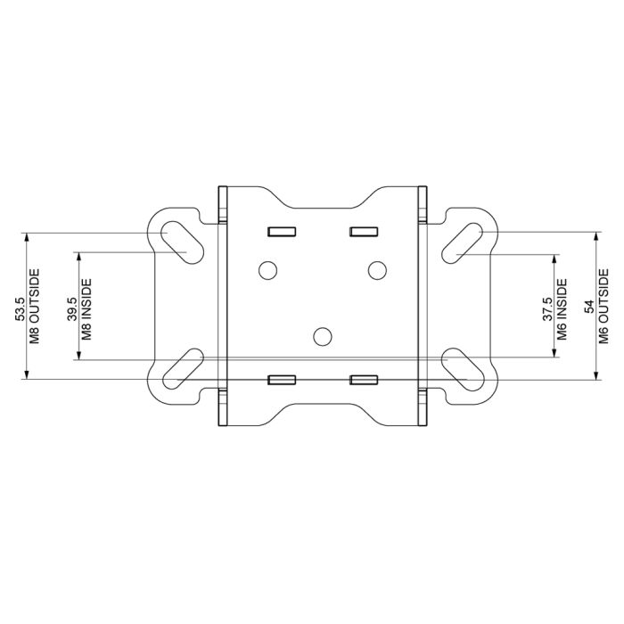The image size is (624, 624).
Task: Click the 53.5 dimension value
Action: point(21,307)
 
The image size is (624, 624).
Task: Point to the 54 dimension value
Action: point(589,306)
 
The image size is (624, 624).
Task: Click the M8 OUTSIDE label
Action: point(36,307)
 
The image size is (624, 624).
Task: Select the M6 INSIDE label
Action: point(562,305)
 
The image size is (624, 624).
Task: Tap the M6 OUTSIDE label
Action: point(603,306)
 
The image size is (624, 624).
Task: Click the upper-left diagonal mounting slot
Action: point(177,242)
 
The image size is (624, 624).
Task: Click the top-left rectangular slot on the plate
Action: point(282,232)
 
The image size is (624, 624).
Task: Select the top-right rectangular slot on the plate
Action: point(363,232)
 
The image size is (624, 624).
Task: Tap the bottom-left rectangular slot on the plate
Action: point(282,380)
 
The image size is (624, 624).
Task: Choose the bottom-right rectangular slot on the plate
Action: point(363,380)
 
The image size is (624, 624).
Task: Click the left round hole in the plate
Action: point(267,268)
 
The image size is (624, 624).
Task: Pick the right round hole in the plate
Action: point(378,268)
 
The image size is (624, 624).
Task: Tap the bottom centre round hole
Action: point(323,335)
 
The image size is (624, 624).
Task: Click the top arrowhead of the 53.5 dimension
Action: point(27,237)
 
